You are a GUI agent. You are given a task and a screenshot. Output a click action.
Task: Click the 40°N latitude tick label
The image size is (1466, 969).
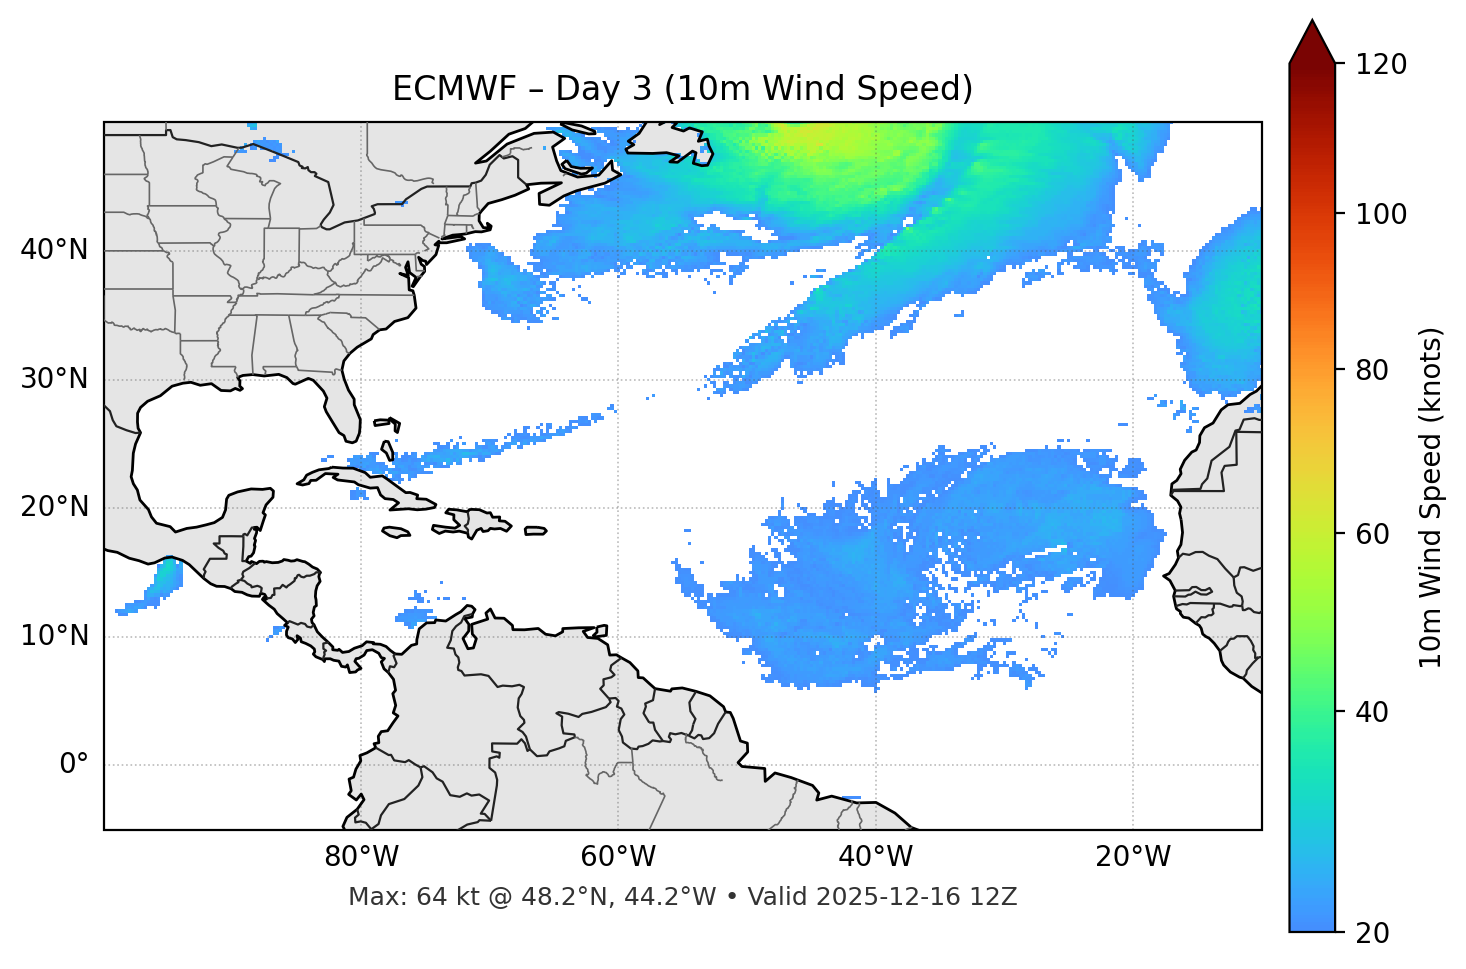[55, 250]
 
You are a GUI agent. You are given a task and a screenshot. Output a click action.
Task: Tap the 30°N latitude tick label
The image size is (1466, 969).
[55, 379]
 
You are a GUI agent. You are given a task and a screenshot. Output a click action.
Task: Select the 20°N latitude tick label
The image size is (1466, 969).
[55, 508]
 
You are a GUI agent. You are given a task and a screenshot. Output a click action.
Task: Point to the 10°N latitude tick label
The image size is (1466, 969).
[55, 636]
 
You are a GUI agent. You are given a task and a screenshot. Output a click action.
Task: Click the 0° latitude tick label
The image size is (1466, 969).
[74, 765]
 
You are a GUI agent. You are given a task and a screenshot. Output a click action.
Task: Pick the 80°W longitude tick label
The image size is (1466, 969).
[361, 857]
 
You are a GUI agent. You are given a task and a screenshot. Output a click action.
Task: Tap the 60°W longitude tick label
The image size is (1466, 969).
[618, 857]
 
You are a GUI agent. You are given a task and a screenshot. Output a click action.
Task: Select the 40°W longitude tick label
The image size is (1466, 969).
[875, 857]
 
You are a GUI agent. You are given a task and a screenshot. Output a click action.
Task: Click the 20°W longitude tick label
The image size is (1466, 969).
[1133, 857]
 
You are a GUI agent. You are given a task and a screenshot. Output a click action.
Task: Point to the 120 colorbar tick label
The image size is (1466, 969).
[1381, 64]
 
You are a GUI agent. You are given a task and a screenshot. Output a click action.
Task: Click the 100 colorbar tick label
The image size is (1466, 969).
[1381, 214]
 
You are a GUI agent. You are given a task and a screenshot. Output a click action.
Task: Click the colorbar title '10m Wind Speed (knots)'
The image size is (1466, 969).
[1431, 497]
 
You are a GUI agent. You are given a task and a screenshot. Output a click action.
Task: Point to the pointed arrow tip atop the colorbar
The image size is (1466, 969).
[1312, 22]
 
